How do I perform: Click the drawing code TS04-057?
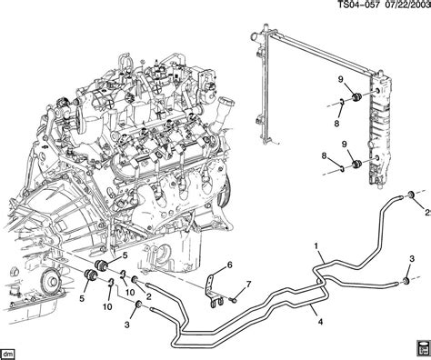358,5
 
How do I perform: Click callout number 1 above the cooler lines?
316,246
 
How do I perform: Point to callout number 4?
320,322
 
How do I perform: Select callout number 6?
229,265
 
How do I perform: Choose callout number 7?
248,285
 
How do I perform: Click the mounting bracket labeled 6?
213,290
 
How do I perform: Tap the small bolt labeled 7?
234,300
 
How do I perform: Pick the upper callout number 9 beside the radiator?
341,80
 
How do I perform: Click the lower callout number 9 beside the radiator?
344,145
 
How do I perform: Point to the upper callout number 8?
336,124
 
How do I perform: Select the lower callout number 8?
324,156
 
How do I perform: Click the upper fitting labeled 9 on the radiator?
356,97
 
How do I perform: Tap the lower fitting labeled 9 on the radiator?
357,164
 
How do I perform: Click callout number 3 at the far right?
412,259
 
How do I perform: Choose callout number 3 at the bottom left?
126,325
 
